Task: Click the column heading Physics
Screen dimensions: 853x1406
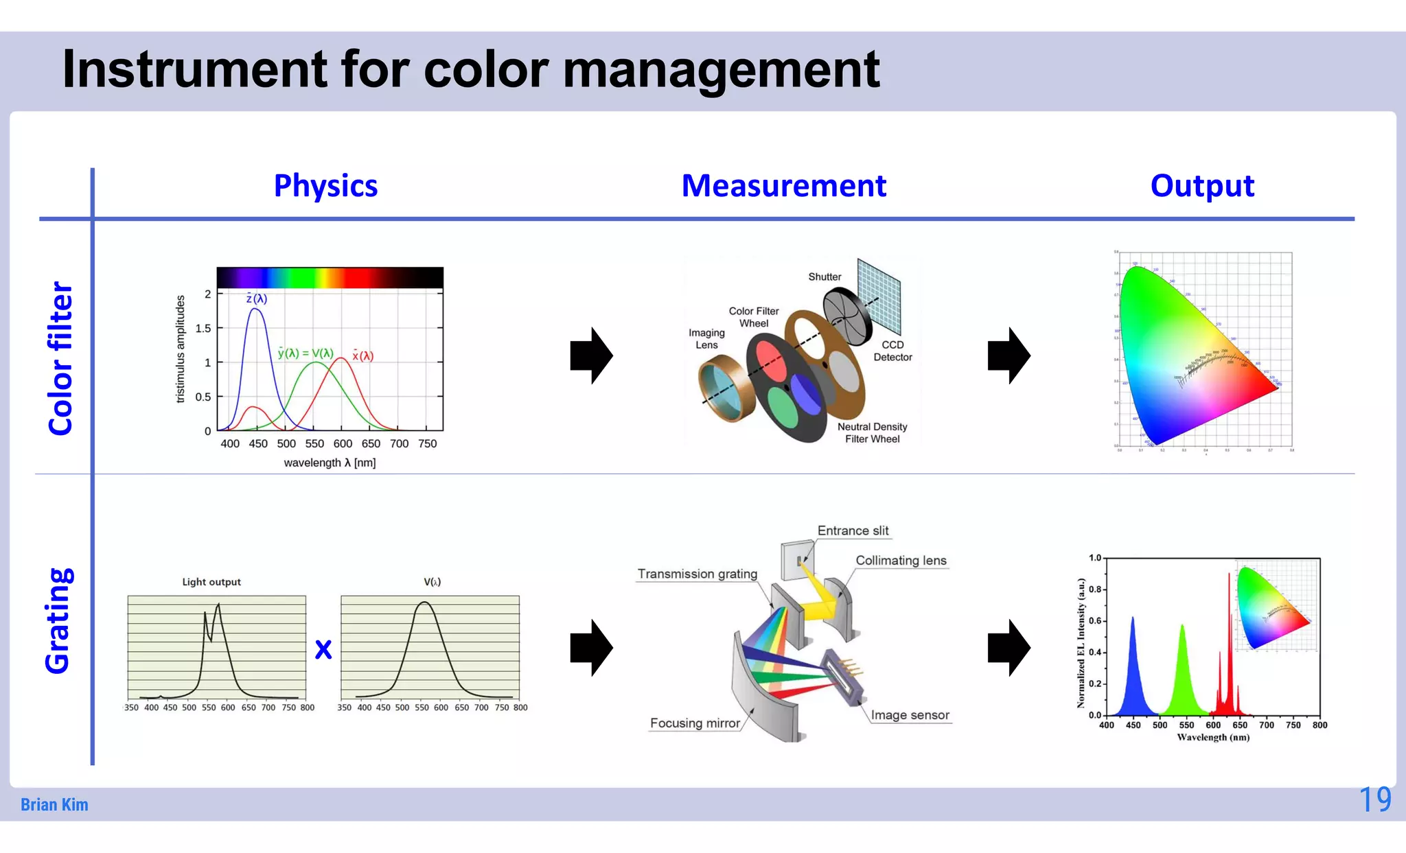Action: (325, 186)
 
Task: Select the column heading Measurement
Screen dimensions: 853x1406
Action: (783, 186)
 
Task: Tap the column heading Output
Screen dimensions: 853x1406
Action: (1201, 186)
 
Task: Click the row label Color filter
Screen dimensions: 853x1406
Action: (60, 358)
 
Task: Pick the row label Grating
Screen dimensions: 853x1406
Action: (58, 620)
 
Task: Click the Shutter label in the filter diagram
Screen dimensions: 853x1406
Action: (824, 277)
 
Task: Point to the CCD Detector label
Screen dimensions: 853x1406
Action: (892, 351)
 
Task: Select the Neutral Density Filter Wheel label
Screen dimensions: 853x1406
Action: (872, 432)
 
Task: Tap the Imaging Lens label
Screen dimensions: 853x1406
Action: (706, 338)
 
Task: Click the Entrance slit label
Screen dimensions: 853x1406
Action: (852, 530)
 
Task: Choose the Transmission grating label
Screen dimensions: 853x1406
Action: (697, 574)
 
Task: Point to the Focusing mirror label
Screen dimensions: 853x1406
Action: (695, 723)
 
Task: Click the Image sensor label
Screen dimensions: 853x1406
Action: (910, 715)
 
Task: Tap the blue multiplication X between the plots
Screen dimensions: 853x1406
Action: (323, 649)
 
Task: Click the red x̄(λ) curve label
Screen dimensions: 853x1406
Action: (362, 355)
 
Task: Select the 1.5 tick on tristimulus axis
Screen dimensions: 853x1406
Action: (203, 328)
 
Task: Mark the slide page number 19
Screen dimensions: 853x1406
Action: (1374, 799)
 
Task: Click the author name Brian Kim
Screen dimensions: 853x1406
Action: (54, 804)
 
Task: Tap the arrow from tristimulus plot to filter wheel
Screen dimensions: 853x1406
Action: (591, 355)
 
